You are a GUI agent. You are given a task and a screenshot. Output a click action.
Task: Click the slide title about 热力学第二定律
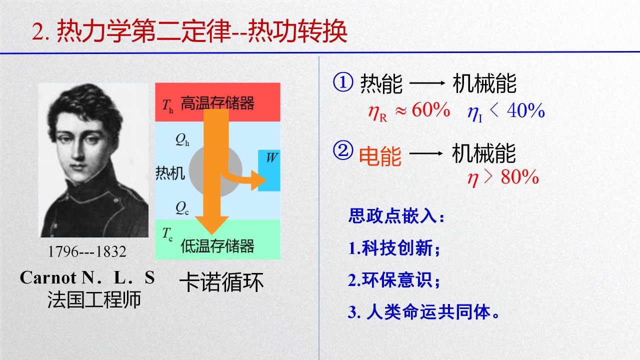click(189, 31)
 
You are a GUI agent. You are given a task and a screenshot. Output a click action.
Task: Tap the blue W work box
click(269, 170)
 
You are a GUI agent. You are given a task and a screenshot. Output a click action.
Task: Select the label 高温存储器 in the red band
click(217, 103)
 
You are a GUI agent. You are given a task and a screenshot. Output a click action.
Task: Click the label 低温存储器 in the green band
click(217, 245)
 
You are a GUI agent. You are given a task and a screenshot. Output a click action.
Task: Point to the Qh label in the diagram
click(182, 140)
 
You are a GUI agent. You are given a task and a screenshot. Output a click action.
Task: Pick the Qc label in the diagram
click(182, 208)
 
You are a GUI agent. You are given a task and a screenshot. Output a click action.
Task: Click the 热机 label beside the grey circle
click(170, 173)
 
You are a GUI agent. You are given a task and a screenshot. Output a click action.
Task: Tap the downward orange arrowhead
click(211, 225)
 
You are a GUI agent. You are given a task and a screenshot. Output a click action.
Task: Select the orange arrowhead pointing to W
click(258, 180)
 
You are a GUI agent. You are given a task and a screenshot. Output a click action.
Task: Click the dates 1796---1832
click(87, 251)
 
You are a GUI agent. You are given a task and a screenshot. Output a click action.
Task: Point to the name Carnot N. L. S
click(87, 277)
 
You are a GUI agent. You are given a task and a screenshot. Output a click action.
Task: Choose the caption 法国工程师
click(94, 299)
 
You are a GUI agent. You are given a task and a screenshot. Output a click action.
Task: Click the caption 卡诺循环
click(221, 282)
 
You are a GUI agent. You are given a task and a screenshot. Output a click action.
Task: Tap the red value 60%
click(431, 109)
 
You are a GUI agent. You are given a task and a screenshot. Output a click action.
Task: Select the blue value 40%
click(525, 110)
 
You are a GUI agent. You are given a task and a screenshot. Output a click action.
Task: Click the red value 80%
click(519, 177)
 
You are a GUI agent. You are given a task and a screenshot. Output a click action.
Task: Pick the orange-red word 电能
click(380, 156)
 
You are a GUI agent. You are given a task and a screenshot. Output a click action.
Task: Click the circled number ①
click(343, 82)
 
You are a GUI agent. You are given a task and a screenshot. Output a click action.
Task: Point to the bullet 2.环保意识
click(393, 279)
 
